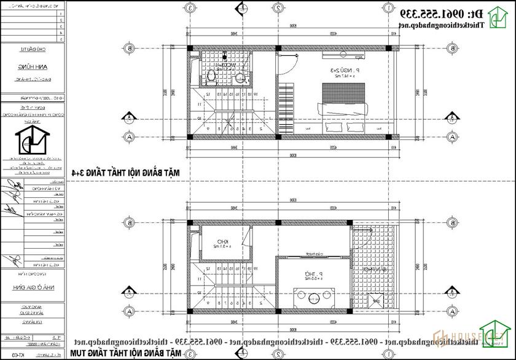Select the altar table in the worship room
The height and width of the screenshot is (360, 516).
point(313,297)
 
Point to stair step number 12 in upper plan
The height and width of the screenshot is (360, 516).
point(208,94)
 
